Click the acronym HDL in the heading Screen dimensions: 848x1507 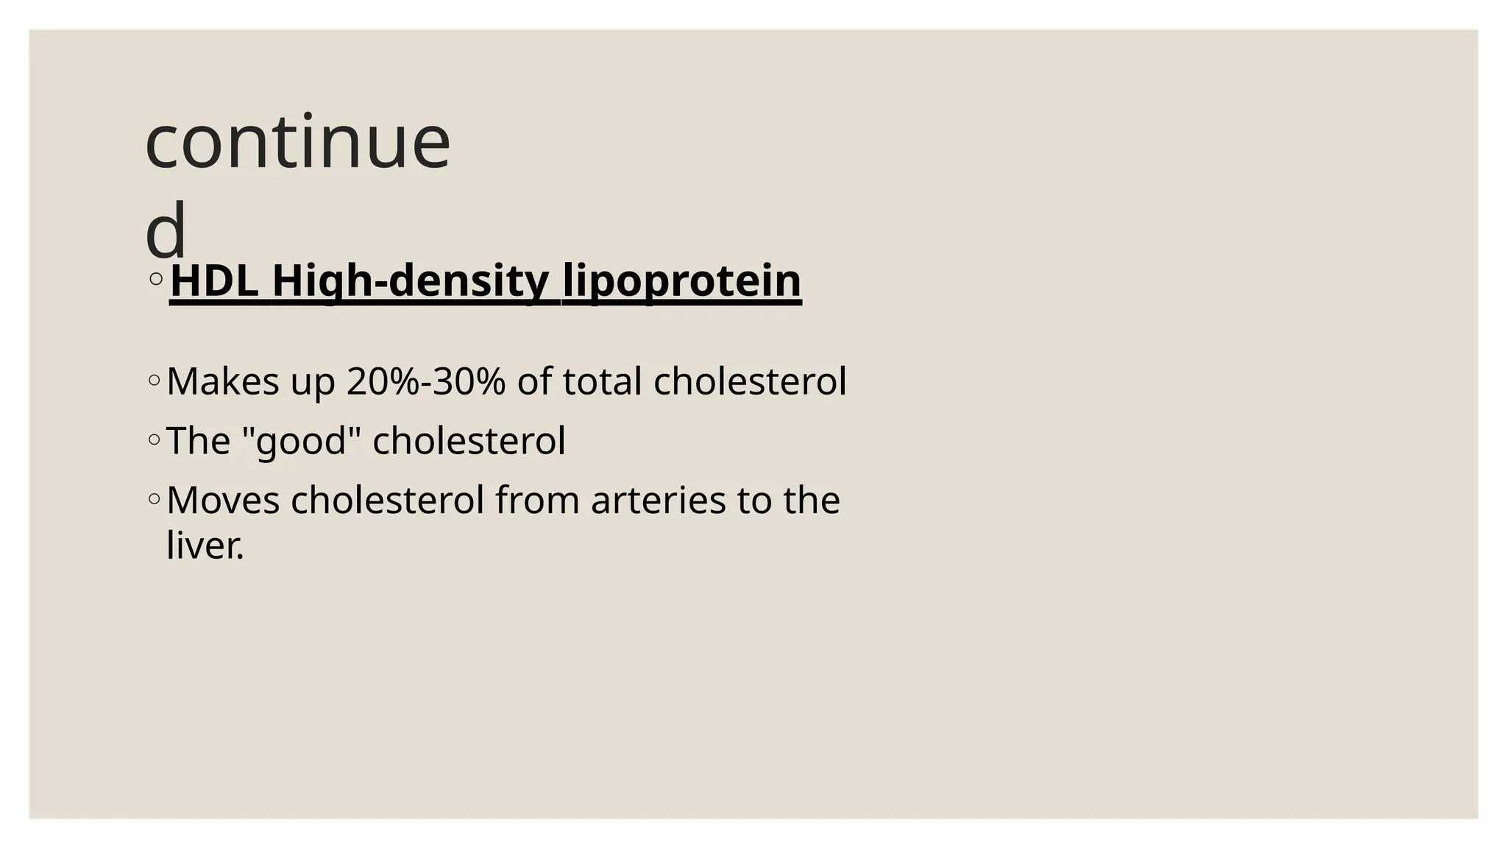(214, 281)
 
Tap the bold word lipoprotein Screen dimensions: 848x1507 (681, 281)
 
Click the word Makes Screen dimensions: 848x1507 (223, 382)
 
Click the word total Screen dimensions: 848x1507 (602, 382)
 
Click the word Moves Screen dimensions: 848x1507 (223, 501)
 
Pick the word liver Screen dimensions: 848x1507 (204, 546)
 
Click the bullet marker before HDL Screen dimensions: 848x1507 (155, 279)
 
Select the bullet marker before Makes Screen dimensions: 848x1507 (154, 381)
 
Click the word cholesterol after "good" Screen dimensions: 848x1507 (469, 442)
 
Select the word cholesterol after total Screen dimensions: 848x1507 (750, 382)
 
